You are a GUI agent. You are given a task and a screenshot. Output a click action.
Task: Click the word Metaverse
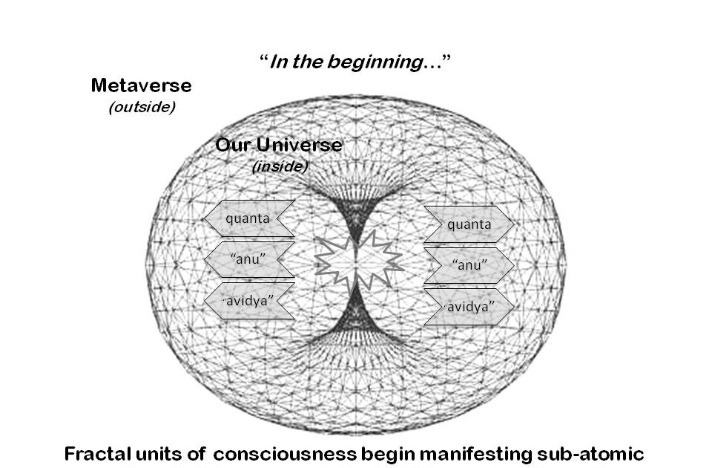[141, 85]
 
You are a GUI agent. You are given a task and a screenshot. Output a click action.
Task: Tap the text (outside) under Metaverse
[142, 107]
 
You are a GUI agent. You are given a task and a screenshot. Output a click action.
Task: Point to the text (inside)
[280, 166]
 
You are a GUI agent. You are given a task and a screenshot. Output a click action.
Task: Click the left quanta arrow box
[248, 218]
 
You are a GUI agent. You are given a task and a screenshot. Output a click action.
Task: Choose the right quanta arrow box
[468, 224]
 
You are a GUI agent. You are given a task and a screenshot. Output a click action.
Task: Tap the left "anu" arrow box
[248, 260]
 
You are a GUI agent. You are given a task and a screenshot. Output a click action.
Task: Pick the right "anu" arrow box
[468, 264]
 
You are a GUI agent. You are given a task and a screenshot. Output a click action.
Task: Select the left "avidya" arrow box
[248, 301]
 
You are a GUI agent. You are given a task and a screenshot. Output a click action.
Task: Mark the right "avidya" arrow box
[468, 306]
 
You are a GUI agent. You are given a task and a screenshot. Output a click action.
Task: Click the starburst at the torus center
[357, 259]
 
